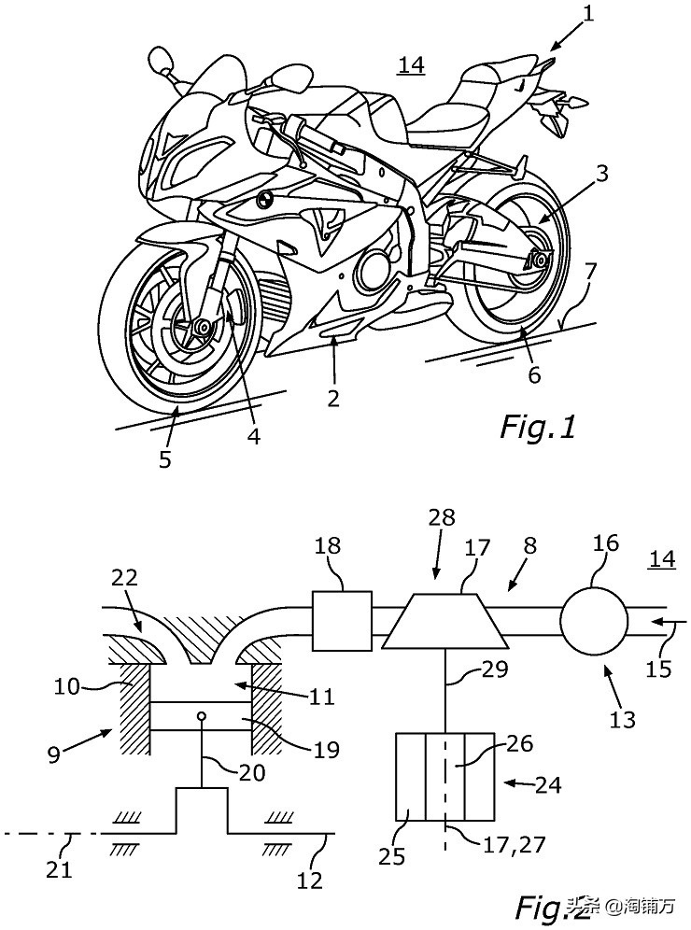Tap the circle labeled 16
(x=593, y=621)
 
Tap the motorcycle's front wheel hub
(x=199, y=327)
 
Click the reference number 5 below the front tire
(x=164, y=460)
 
